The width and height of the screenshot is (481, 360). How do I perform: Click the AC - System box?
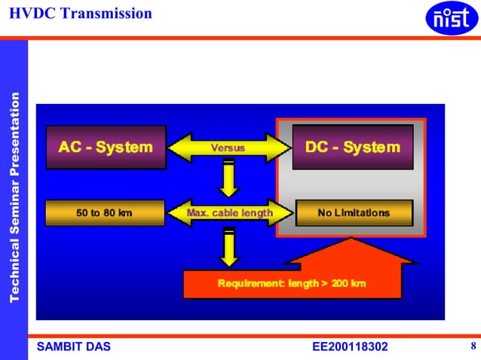click(x=106, y=147)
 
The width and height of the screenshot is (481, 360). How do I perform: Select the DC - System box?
click(x=353, y=147)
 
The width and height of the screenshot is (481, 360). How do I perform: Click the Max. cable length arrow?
click(x=229, y=213)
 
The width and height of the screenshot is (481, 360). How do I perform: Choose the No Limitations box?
click(x=354, y=213)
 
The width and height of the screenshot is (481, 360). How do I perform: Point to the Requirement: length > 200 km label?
click(x=292, y=283)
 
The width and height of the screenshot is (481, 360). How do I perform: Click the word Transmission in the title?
click(x=107, y=13)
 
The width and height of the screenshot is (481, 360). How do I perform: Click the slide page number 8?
click(x=472, y=346)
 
